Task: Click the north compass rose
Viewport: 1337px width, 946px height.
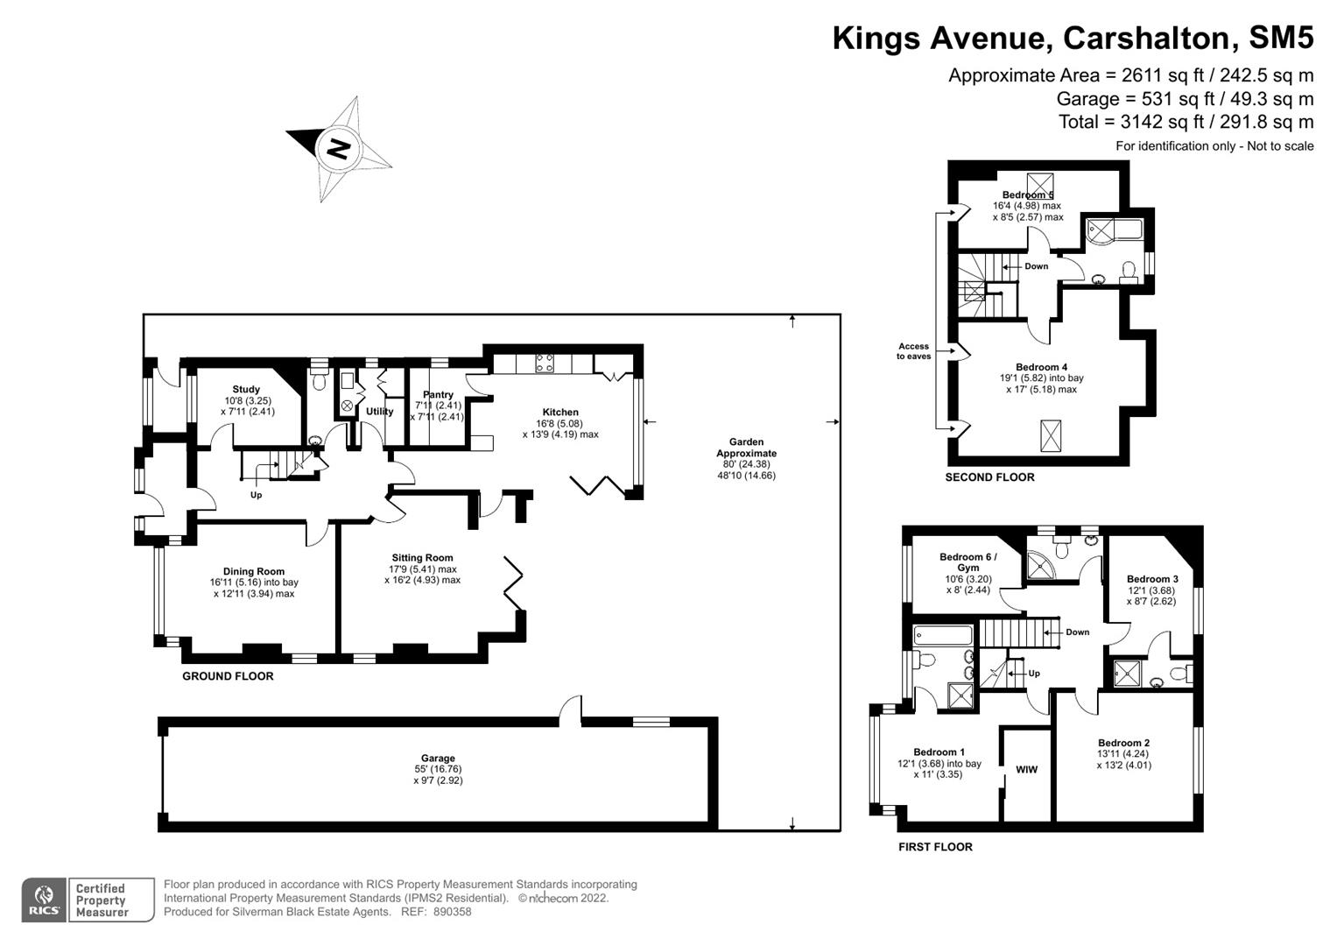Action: tap(339, 148)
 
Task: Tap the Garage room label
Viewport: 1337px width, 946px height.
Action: tap(438, 759)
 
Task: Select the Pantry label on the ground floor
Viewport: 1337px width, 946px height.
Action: tap(438, 395)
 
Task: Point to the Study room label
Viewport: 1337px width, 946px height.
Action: tap(246, 390)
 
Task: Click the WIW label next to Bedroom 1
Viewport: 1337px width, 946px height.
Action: tap(1026, 770)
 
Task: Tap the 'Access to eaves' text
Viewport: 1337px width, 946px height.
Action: tap(913, 351)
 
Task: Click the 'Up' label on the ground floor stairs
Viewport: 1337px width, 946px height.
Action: tap(256, 495)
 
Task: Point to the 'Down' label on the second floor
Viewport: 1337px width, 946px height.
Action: tap(1036, 266)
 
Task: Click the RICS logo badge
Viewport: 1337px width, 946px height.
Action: tap(44, 900)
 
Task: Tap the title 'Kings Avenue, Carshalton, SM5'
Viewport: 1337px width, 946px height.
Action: tap(1073, 39)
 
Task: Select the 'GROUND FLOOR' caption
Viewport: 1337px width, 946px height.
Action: tap(228, 676)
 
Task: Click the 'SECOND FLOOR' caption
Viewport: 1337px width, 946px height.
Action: tap(989, 477)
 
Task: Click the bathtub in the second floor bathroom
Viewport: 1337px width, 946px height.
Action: tap(1109, 230)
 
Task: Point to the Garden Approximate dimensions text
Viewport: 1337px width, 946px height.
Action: tap(746, 459)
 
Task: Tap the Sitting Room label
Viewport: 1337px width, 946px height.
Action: tap(422, 558)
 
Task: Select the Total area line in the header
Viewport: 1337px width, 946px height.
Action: tap(1186, 122)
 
